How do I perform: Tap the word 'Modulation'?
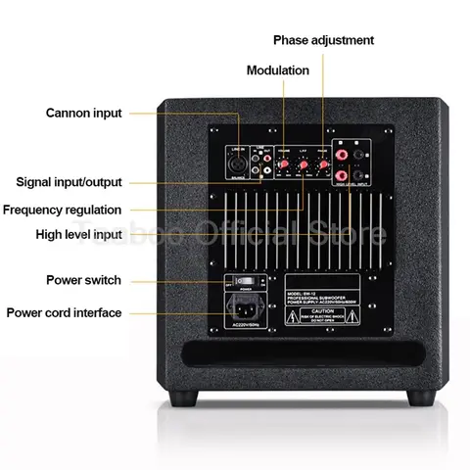[x=277, y=70]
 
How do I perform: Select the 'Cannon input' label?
[x=84, y=113]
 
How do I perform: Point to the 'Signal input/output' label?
[x=70, y=182]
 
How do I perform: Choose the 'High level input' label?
[x=78, y=234]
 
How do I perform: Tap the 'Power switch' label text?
[x=84, y=280]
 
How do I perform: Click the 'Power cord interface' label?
[x=65, y=313]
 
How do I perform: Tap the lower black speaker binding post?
[x=363, y=177]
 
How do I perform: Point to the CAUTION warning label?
[x=323, y=312]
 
